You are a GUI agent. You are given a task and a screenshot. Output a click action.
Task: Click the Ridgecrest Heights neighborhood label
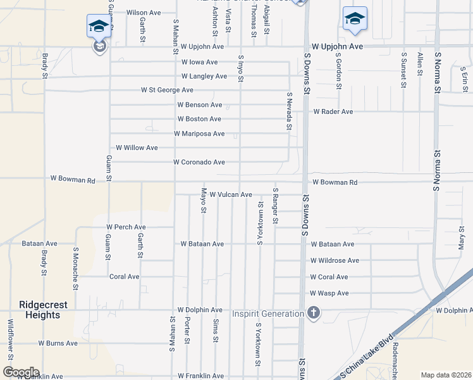pos(44,310)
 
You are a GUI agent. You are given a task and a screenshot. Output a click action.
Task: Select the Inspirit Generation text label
pos(268,313)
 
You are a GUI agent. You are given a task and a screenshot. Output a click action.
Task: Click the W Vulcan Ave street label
pos(231,194)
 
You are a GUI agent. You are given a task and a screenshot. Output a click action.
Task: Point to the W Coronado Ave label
pos(199,162)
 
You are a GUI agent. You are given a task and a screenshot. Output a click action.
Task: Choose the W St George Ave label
pos(167,90)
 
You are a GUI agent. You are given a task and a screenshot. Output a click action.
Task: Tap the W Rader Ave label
pos(333,111)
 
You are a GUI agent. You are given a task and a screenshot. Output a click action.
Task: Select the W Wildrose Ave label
pos(335,260)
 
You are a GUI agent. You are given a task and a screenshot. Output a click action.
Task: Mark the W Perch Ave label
pos(126,227)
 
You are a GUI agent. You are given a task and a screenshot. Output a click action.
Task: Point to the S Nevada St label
pos(289,111)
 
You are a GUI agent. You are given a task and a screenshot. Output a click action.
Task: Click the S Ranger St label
pos(275,206)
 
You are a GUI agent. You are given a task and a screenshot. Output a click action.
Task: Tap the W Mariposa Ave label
pos(199,134)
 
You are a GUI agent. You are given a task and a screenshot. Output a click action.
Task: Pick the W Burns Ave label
pos(58,343)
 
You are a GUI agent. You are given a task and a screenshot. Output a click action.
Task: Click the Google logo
pos(21,372)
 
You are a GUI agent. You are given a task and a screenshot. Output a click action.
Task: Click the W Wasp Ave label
pos(329,293)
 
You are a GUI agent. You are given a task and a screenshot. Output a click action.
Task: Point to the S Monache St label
pos(75,269)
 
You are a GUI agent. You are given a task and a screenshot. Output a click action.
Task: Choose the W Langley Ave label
pos(204,76)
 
